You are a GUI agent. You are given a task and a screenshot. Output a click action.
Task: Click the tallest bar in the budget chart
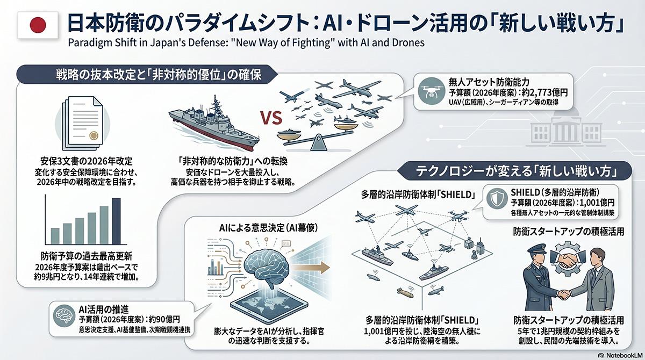(116, 221)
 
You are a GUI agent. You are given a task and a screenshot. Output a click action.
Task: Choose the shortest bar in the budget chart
(55, 235)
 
